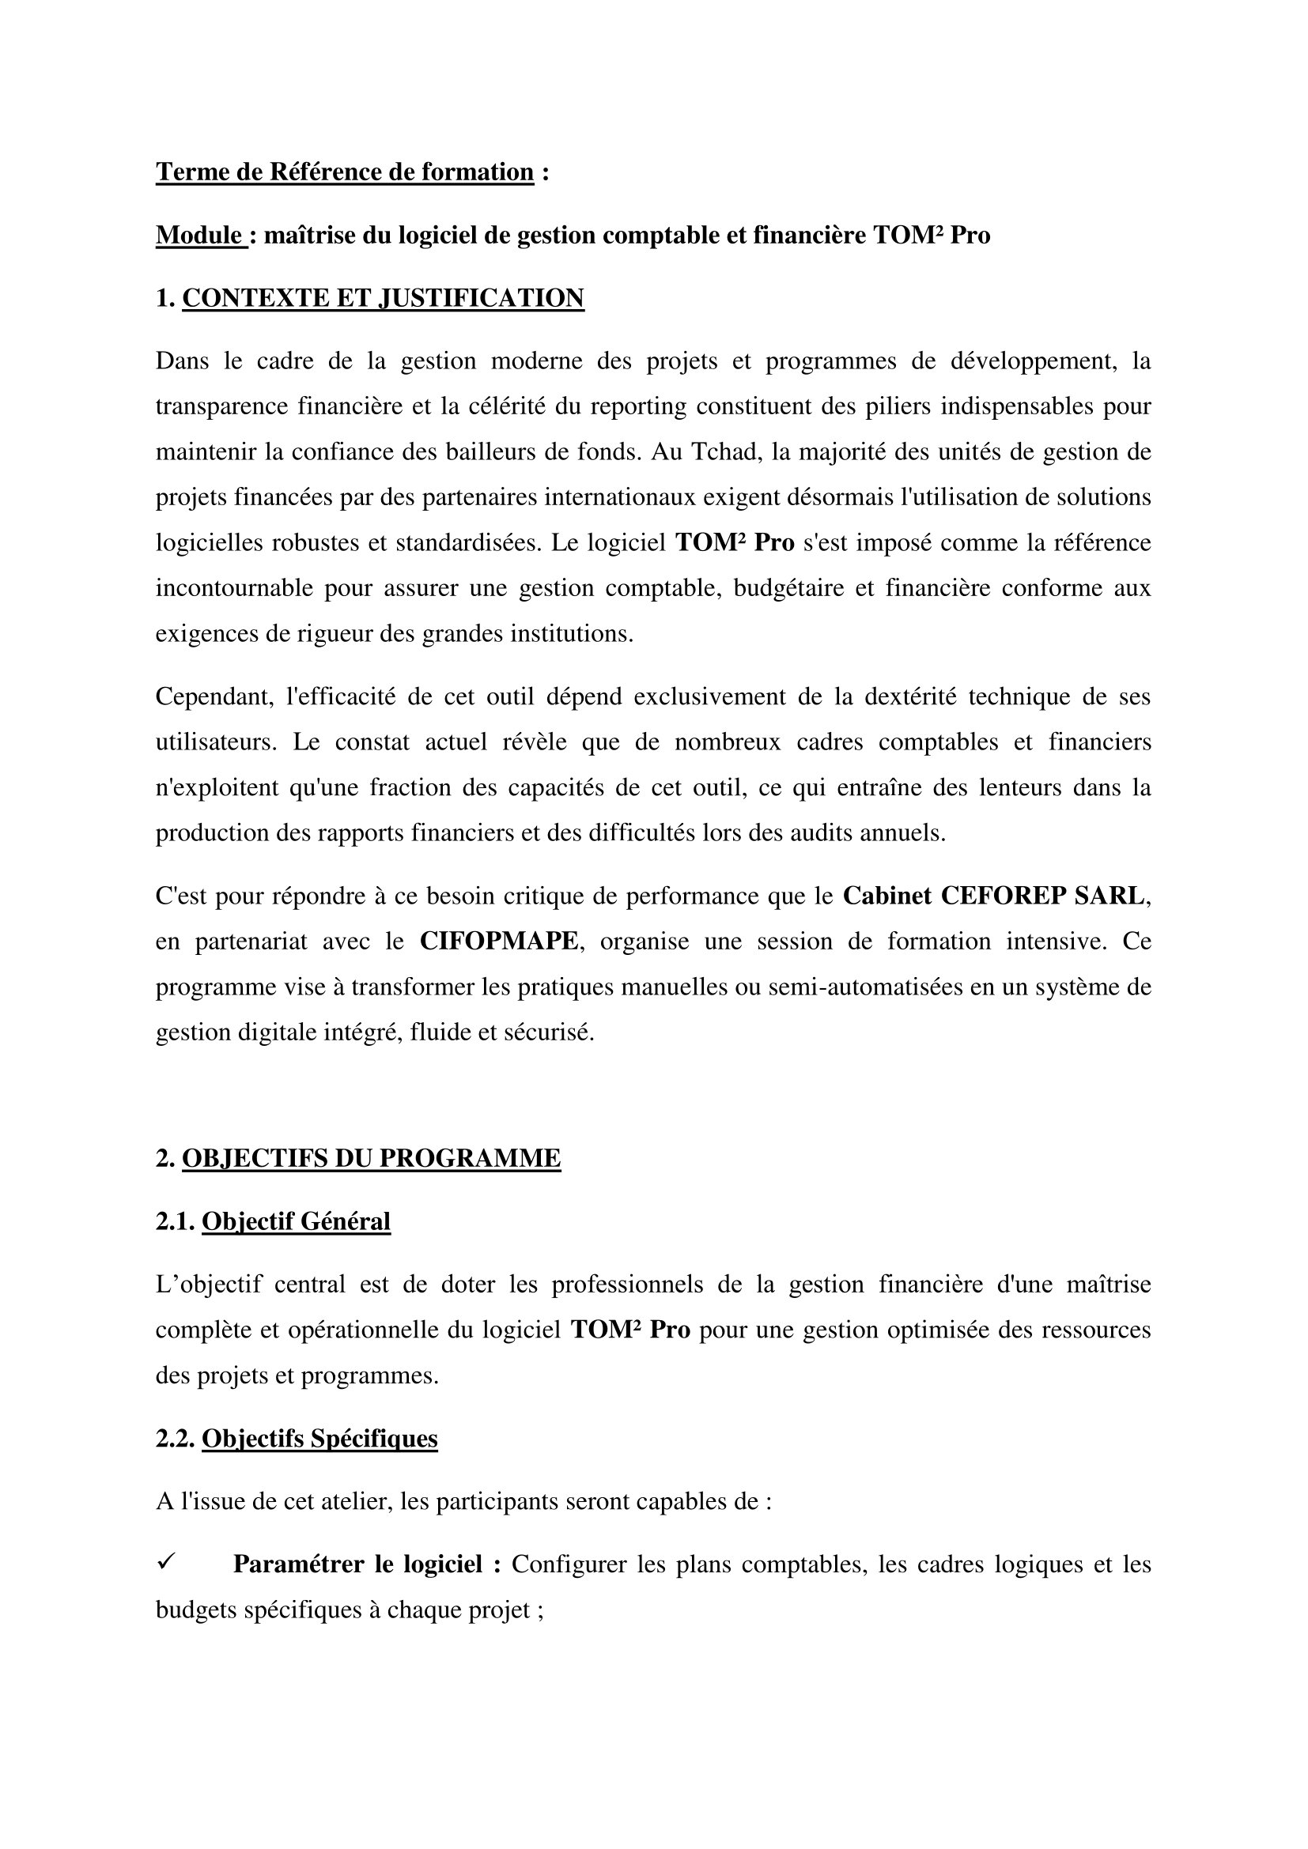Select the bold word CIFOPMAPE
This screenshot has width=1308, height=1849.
(498, 941)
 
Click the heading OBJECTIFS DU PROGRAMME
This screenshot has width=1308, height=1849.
(372, 1158)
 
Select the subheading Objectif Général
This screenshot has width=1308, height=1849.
(296, 1221)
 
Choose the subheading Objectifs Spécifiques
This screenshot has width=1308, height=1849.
(319, 1438)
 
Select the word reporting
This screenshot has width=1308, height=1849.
(638, 406)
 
